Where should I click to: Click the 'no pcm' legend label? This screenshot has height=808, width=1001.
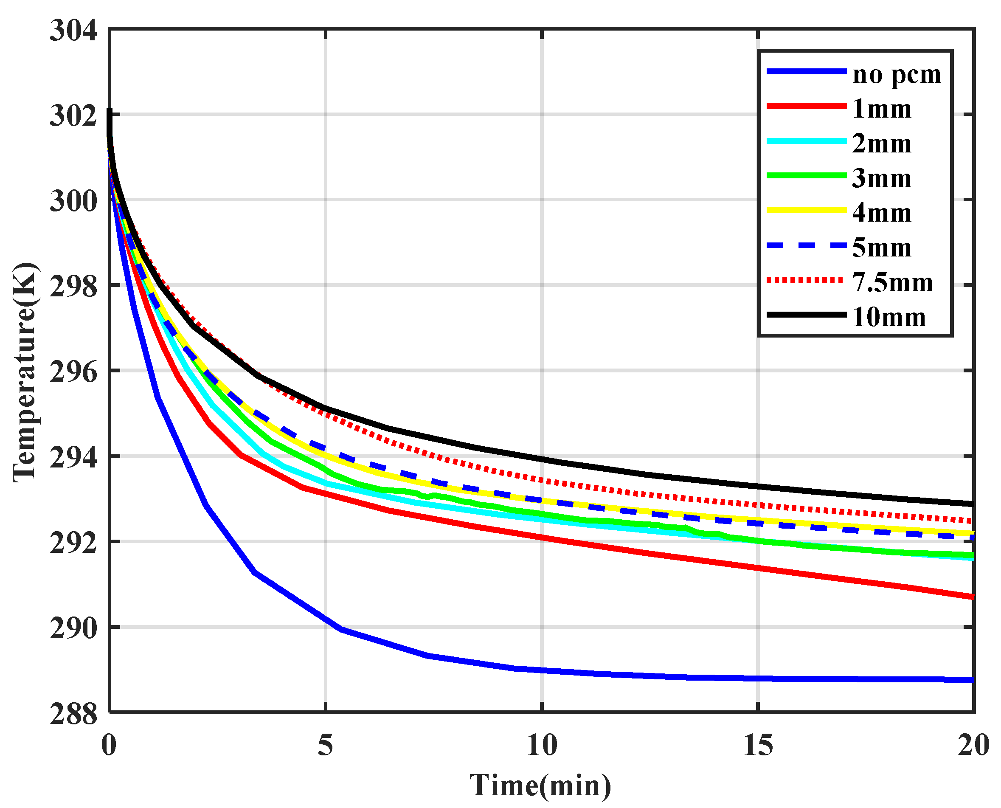click(x=896, y=74)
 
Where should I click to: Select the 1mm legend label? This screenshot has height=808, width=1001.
click(x=881, y=109)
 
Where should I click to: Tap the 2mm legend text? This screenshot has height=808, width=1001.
click(x=881, y=144)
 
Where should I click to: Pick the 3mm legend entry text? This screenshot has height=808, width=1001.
click(x=881, y=179)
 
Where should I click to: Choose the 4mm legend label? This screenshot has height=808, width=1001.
click(x=881, y=213)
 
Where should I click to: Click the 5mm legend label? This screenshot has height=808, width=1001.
click(x=881, y=248)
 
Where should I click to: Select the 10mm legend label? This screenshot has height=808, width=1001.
click(x=889, y=318)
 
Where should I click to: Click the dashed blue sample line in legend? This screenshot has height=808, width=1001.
click(x=806, y=245)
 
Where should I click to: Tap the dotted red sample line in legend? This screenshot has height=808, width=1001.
click(x=806, y=280)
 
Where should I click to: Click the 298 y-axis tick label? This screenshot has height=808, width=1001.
click(x=73, y=287)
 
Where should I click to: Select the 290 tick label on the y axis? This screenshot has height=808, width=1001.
click(x=73, y=629)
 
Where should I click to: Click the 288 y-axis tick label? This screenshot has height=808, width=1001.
click(x=73, y=715)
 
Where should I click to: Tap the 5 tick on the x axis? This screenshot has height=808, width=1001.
click(x=325, y=745)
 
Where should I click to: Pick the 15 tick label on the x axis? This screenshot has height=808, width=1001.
click(x=758, y=745)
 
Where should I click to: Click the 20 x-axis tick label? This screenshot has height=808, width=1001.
click(x=973, y=745)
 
